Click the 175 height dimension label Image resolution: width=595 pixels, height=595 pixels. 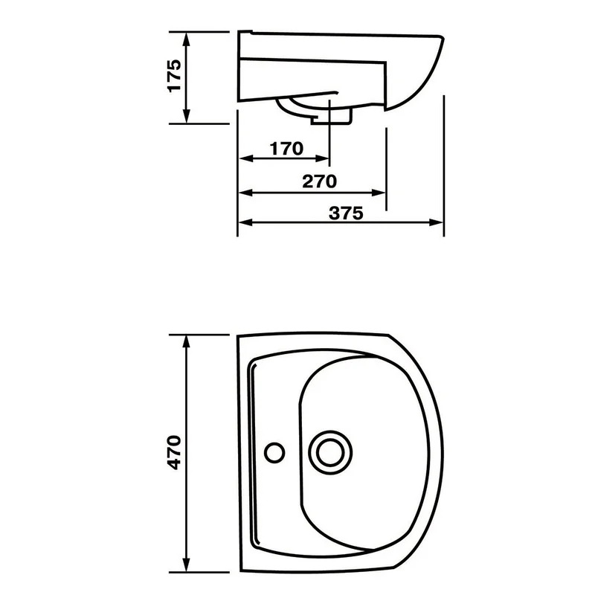click(174, 75)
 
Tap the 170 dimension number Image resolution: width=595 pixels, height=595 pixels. click(286, 148)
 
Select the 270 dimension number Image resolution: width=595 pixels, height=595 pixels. click(319, 181)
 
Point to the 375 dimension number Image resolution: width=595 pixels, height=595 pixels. click(346, 213)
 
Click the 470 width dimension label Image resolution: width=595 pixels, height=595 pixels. click(174, 452)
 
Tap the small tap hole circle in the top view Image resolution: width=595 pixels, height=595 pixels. click(274, 452)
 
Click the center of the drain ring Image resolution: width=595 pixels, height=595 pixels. click(330, 452)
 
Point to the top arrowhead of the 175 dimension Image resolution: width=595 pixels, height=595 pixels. click(186, 39)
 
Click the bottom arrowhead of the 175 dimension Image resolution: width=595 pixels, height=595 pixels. click(186, 116)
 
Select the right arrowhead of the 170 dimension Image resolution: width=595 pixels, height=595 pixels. click(322, 158)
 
